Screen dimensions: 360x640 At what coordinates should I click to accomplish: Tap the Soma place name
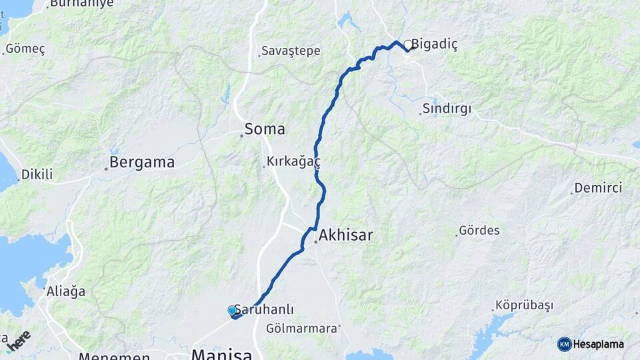265,129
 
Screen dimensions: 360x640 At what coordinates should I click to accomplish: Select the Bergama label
142,162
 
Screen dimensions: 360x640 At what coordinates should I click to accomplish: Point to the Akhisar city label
345,235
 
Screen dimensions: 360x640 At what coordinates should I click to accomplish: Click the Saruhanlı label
267,310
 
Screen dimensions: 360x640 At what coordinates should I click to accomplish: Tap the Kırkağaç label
294,161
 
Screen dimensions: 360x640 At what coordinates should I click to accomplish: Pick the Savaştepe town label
291,51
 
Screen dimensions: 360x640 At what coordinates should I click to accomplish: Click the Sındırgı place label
447,109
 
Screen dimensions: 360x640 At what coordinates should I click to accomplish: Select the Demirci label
598,187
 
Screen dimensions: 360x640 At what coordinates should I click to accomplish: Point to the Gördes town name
479,231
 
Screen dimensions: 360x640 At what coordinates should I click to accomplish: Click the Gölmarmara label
301,328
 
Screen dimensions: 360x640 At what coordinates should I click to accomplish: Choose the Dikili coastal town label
37,175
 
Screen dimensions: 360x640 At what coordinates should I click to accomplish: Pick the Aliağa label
66,291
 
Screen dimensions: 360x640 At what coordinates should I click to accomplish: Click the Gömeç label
25,49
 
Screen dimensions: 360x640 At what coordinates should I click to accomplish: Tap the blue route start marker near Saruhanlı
232,311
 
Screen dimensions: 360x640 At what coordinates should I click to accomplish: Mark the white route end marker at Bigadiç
407,45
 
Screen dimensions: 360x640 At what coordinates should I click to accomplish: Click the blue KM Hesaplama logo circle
565,344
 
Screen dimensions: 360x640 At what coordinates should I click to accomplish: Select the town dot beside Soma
241,135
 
